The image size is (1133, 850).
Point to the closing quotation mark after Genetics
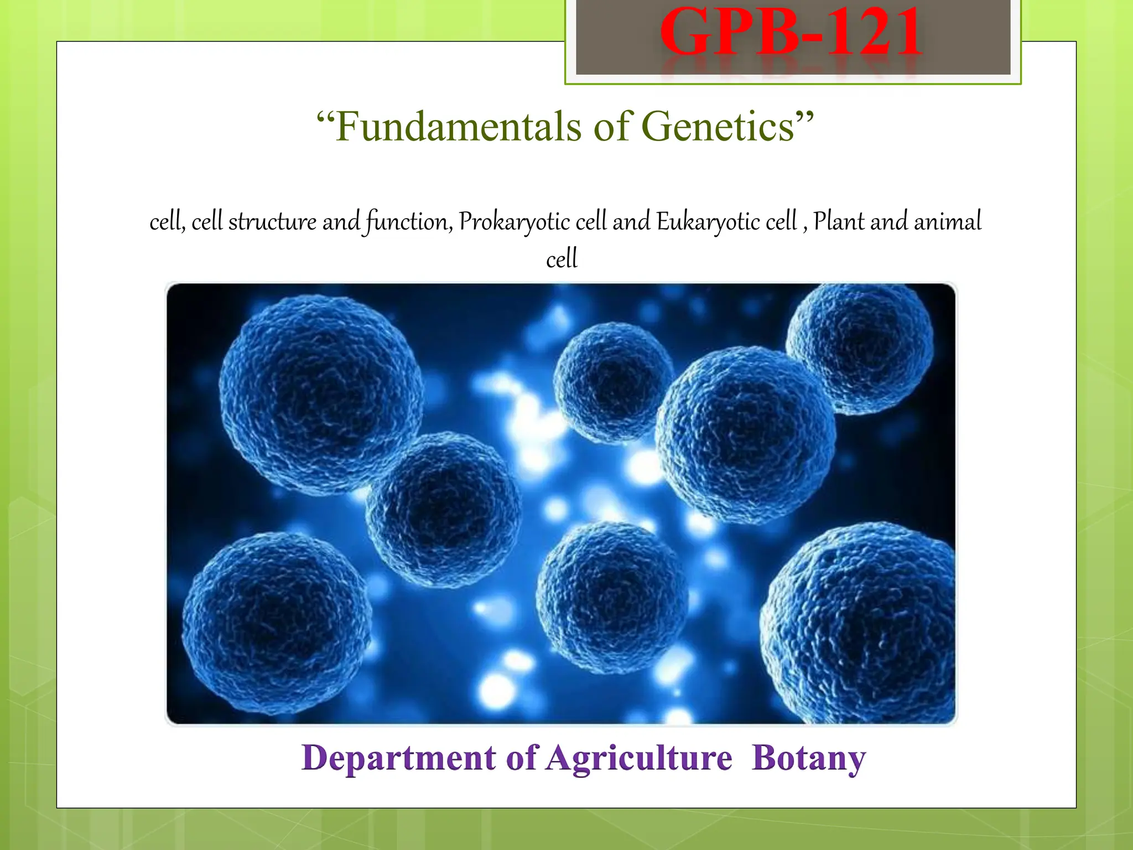click(x=805, y=117)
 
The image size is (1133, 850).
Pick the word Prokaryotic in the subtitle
click(x=514, y=222)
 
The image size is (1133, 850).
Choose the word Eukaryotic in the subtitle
click(x=708, y=222)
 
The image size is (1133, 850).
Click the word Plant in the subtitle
click(x=838, y=221)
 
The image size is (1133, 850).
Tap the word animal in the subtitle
click(x=947, y=221)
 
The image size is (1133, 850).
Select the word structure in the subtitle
click(x=272, y=222)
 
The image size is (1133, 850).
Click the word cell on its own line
click(x=562, y=259)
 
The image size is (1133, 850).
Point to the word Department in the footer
click(x=398, y=758)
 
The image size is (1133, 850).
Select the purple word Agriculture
click(x=639, y=758)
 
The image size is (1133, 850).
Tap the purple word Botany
click(x=808, y=758)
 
